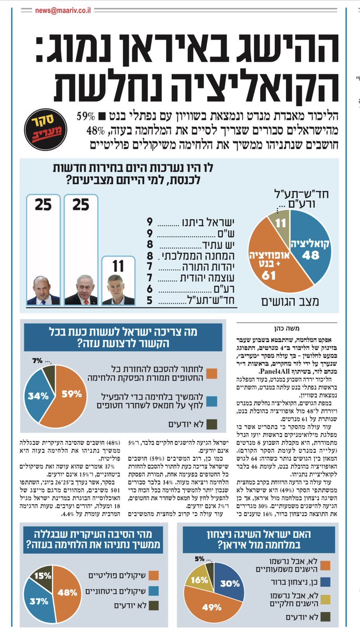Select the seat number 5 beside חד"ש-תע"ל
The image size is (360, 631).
(x=150, y=301)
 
